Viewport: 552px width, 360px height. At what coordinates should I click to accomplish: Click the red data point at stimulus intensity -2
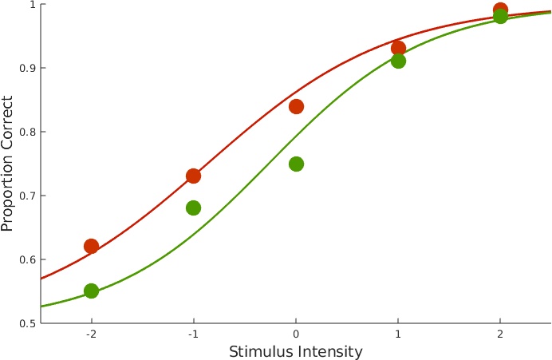(x=91, y=246)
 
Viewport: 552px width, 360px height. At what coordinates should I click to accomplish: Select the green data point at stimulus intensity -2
(x=91, y=291)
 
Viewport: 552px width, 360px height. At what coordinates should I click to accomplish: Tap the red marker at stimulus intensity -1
(x=193, y=176)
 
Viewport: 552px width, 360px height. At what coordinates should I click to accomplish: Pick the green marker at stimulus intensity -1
(x=193, y=208)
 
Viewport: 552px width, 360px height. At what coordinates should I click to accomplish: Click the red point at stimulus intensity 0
(x=296, y=106)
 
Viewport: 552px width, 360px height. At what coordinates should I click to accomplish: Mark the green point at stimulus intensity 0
(x=296, y=164)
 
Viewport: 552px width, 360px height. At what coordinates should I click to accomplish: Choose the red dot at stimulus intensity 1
(x=398, y=48)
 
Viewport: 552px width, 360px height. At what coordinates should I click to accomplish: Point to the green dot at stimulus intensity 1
(x=398, y=61)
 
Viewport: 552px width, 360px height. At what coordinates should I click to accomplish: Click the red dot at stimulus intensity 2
(x=500, y=10)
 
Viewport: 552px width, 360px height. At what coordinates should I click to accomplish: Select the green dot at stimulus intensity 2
(x=500, y=17)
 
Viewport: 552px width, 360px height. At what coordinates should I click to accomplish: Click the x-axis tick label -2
(x=91, y=334)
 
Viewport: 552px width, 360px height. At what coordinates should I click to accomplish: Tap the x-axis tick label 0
(x=296, y=334)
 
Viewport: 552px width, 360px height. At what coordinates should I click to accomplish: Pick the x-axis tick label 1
(x=398, y=334)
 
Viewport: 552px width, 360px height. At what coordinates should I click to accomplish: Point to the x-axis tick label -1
(x=193, y=334)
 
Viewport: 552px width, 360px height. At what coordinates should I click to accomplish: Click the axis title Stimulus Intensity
(x=296, y=351)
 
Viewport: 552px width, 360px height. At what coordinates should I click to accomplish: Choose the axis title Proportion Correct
(x=8, y=164)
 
